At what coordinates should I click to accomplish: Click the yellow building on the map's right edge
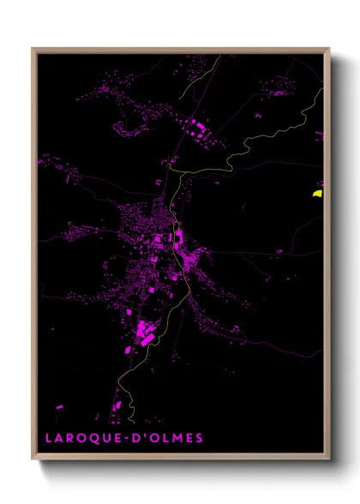coord(317,194)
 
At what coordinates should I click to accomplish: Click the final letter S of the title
coord(200,438)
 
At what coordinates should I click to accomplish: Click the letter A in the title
coord(58,438)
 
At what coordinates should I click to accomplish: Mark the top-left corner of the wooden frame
coord(33,49)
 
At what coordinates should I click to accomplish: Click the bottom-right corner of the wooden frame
coord(329,459)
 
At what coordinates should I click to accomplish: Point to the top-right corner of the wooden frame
coord(329,49)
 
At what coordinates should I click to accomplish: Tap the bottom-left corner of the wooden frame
coord(33,459)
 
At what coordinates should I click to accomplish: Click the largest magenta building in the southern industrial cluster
coord(142,329)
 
